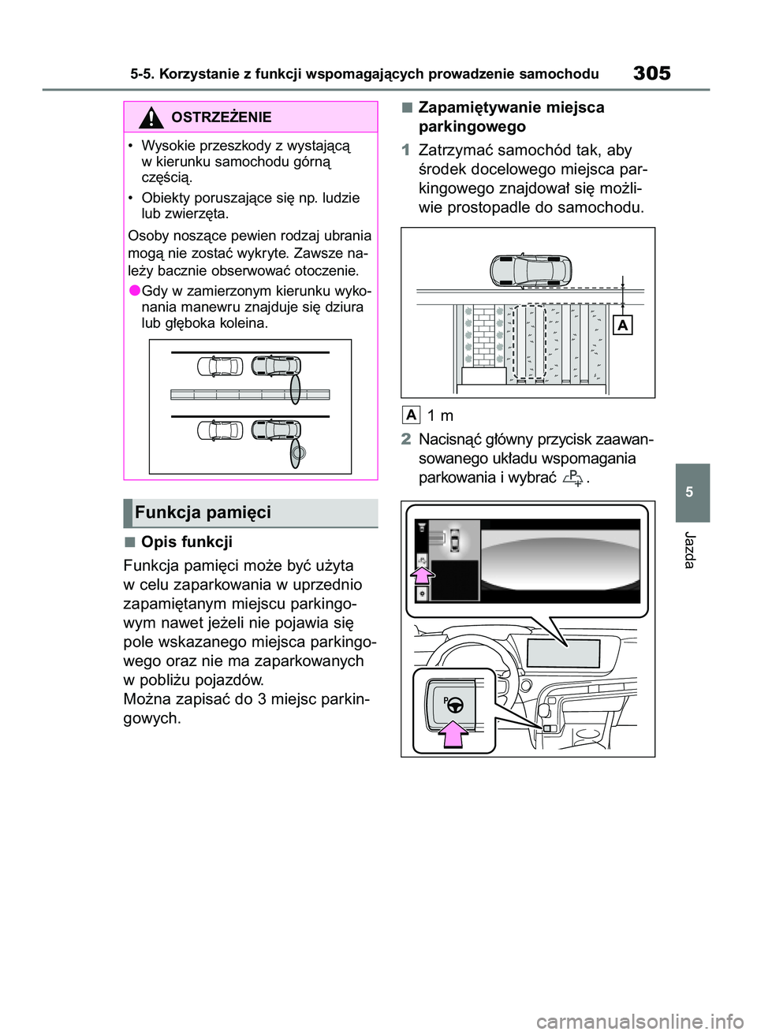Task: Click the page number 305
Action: [x=651, y=73]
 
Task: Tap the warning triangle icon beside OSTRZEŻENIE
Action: [x=150, y=117]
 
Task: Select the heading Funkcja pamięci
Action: [x=203, y=512]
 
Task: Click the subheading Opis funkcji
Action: [x=186, y=542]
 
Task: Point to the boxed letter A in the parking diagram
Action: [x=623, y=325]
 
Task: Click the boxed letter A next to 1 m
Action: [x=411, y=415]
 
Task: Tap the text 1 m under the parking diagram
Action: [x=440, y=415]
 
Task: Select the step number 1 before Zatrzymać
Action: [x=405, y=151]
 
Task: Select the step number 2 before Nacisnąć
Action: [x=405, y=439]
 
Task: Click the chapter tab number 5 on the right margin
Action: [x=690, y=492]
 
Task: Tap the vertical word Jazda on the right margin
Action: [x=690, y=549]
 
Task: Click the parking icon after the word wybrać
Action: [x=574, y=477]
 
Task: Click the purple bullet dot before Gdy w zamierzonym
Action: [x=133, y=291]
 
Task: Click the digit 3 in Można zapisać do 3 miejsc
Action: [x=261, y=699]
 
